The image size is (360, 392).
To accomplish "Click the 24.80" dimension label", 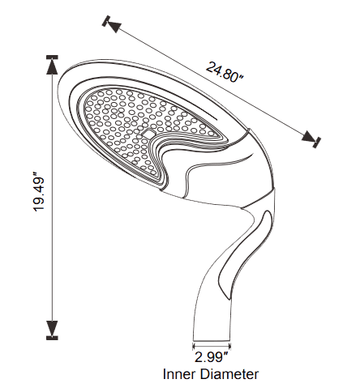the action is tap(225, 72).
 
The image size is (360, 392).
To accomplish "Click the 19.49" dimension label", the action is tap(38, 191).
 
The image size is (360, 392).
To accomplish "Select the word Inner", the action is tap(179, 374).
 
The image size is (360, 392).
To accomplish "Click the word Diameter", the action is tap(229, 374).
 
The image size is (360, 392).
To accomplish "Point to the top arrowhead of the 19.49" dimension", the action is tap(52, 67).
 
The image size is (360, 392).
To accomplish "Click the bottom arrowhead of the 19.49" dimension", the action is tap(52, 328).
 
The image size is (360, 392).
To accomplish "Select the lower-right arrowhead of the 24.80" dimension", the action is tap(308, 136).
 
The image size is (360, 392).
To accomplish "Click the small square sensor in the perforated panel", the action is tap(149, 133).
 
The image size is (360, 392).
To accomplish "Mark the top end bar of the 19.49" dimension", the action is tap(52, 58).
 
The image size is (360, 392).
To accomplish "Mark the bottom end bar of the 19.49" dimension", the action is tap(52, 338).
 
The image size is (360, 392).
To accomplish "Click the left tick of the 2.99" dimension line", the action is tap(193, 346).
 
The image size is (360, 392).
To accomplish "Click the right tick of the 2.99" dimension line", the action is tap(230, 346).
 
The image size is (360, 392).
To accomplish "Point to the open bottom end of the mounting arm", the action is tap(212, 341).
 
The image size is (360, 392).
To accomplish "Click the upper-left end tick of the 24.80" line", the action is tap(105, 21).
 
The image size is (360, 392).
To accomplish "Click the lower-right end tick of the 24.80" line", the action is tap(316, 143).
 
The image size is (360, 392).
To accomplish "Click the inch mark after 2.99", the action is tap(226, 353).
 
